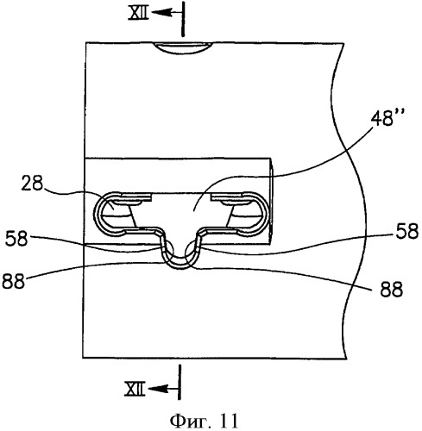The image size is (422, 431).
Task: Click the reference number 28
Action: (x=32, y=183)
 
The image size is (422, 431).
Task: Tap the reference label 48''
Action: (x=384, y=117)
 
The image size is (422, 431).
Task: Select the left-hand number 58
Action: (x=16, y=238)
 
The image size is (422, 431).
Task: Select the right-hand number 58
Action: (x=407, y=231)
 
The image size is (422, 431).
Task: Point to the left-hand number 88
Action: (x=13, y=281)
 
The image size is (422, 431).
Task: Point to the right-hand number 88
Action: (x=391, y=290)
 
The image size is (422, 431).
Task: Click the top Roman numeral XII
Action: (x=139, y=14)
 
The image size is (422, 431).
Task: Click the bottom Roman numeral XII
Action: (x=135, y=390)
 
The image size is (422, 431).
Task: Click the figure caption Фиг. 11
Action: (x=204, y=422)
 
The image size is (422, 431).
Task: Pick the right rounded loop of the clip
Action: (x=264, y=214)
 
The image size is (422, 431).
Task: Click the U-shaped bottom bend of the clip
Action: (x=180, y=265)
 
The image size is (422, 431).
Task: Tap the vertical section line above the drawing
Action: (x=182, y=19)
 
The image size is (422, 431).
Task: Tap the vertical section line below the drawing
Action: (x=180, y=382)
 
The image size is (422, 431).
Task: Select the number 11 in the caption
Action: (x=229, y=422)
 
